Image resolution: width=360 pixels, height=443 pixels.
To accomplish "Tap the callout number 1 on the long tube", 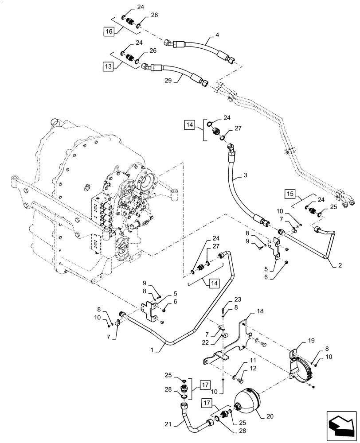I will [158, 350].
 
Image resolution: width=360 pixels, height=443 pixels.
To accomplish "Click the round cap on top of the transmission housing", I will [55, 121].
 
